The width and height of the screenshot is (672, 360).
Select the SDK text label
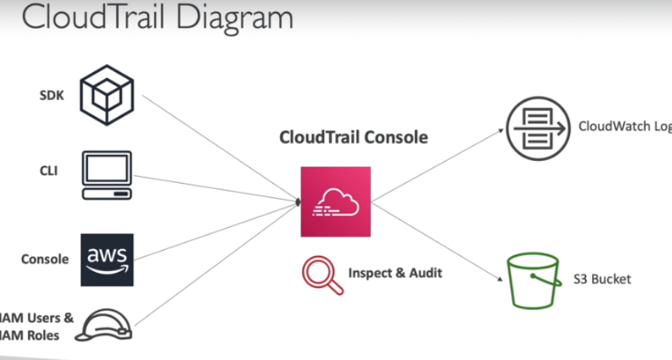point(51,96)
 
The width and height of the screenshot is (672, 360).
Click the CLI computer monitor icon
point(107,175)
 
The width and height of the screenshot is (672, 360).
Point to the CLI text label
point(49,171)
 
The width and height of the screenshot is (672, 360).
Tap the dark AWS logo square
point(107,259)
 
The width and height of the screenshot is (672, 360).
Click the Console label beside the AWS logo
point(45,259)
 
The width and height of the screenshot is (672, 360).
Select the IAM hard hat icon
point(107,324)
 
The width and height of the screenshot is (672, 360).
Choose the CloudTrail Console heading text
point(353,137)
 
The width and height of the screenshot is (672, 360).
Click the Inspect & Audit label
point(395,273)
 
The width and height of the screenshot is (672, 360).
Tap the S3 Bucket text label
point(602,279)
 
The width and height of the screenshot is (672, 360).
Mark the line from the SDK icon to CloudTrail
point(220,148)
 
